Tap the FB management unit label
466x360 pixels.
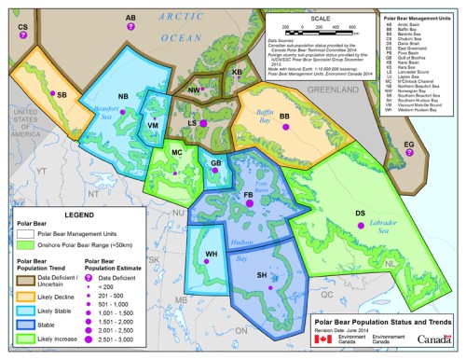click(248, 194)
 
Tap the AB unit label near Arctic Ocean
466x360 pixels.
click(130, 18)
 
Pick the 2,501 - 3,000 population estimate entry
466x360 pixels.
click(112, 341)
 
